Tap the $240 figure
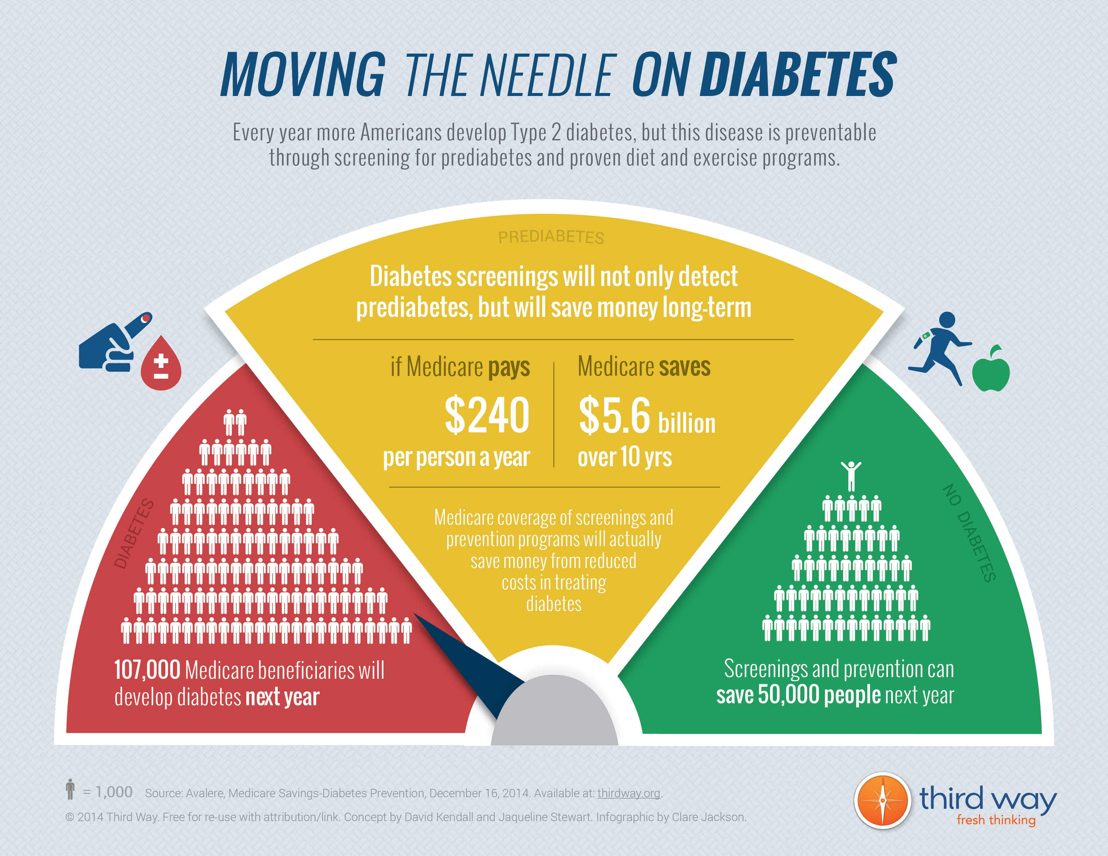pyautogui.click(x=487, y=416)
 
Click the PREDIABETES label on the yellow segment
pyautogui.click(x=551, y=237)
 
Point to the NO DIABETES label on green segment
pyautogui.click(x=969, y=533)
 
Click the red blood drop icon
pyautogui.click(x=161, y=364)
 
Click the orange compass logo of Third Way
pyautogui.click(x=882, y=801)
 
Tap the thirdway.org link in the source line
pyautogui.click(x=629, y=793)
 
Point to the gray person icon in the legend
pyautogui.click(x=70, y=790)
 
